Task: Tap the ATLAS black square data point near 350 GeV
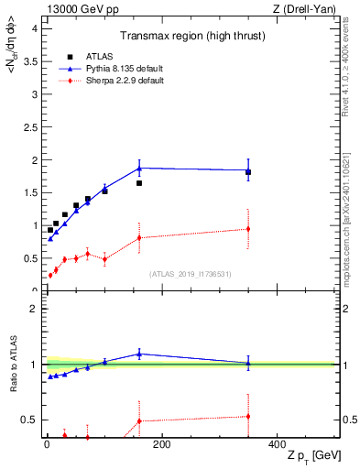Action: pyautogui.click(x=248, y=172)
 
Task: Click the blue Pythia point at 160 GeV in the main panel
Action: pyautogui.click(x=139, y=168)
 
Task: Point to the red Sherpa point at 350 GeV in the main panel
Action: pyautogui.click(x=248, y=229)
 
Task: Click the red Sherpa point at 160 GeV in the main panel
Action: pyautogui.click(x=139, y=238)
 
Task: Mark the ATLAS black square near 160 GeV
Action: pyautogui.click(x=139, y=183)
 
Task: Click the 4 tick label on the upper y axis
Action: pyautogui.click(x=34, y=27)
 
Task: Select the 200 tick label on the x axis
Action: pyautogui.click(x=161, y=445)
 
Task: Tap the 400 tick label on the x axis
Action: pyautogui.click(x=276, y=445)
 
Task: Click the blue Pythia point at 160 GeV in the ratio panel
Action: pyautogui.click(x=139, y=354)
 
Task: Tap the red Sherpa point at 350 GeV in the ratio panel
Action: pyautogui.click(x=248, y=416)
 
